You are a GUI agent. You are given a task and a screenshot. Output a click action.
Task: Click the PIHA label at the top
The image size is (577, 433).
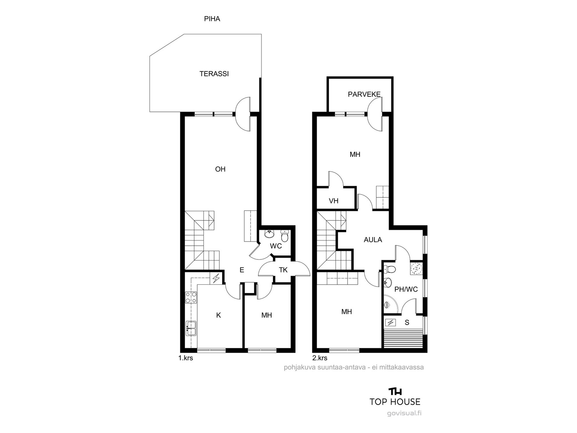[x=212, y=19]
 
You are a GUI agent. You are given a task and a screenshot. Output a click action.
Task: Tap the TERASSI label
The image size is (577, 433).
[x=214, y=74]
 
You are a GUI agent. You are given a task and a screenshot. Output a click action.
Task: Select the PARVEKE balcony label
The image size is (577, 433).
[x=364, y=95]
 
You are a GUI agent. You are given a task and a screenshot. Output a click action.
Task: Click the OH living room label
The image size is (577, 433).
[x=220, y=169]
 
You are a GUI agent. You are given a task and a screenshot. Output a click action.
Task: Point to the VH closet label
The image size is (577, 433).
[x=334, y=201]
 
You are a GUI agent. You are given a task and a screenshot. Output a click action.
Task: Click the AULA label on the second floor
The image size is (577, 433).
[x=373, y=240]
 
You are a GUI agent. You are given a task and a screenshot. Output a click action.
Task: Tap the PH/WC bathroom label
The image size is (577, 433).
[x=406, y=289]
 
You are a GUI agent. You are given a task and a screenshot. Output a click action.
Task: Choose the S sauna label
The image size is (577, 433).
[x=407, y=323]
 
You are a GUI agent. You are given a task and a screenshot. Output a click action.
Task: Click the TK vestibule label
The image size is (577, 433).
[x=283, y=270]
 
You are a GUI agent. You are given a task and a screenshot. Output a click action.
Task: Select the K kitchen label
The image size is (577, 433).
[x=219, y=315]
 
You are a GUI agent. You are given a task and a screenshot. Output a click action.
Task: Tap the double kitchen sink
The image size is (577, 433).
[x=191, y=328]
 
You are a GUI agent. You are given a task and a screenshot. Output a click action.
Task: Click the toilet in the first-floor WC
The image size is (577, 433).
[x=285, y=236]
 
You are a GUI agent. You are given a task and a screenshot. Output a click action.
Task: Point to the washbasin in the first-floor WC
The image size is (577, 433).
[x=269, y=234]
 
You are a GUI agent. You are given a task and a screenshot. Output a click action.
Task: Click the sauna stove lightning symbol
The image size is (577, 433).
[x=390, y=322]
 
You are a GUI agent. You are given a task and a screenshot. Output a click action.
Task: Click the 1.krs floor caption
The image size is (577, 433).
[x=186, y=358]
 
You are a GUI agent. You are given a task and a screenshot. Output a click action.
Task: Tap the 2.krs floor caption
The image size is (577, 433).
[x=320, y=358]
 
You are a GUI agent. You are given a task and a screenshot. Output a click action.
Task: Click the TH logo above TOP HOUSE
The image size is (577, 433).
[x=395, y=392]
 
